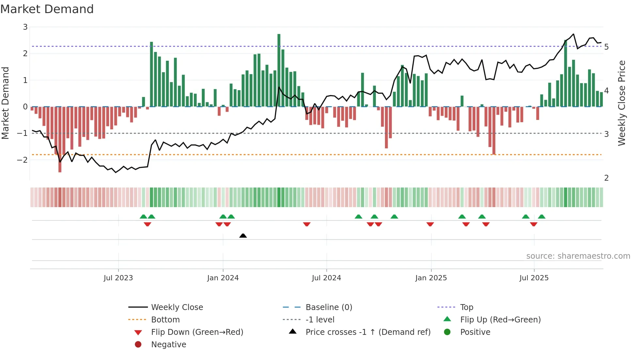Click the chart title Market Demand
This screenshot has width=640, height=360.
coord(47,9)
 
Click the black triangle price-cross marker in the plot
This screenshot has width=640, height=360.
coord(243,236)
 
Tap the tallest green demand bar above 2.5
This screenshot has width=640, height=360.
coord(279,70)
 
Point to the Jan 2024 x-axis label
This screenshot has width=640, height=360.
coord(223,278)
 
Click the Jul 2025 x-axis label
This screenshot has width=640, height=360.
coord(534,278)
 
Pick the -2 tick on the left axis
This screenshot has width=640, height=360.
coord(22,160)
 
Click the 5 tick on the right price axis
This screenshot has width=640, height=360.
coord(606,47)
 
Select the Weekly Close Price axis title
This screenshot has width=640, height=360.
coord(622,103)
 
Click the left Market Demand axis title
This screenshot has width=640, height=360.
coord(5,103)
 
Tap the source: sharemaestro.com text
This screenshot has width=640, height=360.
coord(578,256)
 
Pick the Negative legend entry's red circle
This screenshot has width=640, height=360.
coord(138,345)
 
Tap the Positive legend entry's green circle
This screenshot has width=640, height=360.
coord(447,332)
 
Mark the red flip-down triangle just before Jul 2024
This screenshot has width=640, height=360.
coord(307,224)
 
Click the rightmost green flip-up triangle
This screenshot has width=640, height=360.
coord(542,217)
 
